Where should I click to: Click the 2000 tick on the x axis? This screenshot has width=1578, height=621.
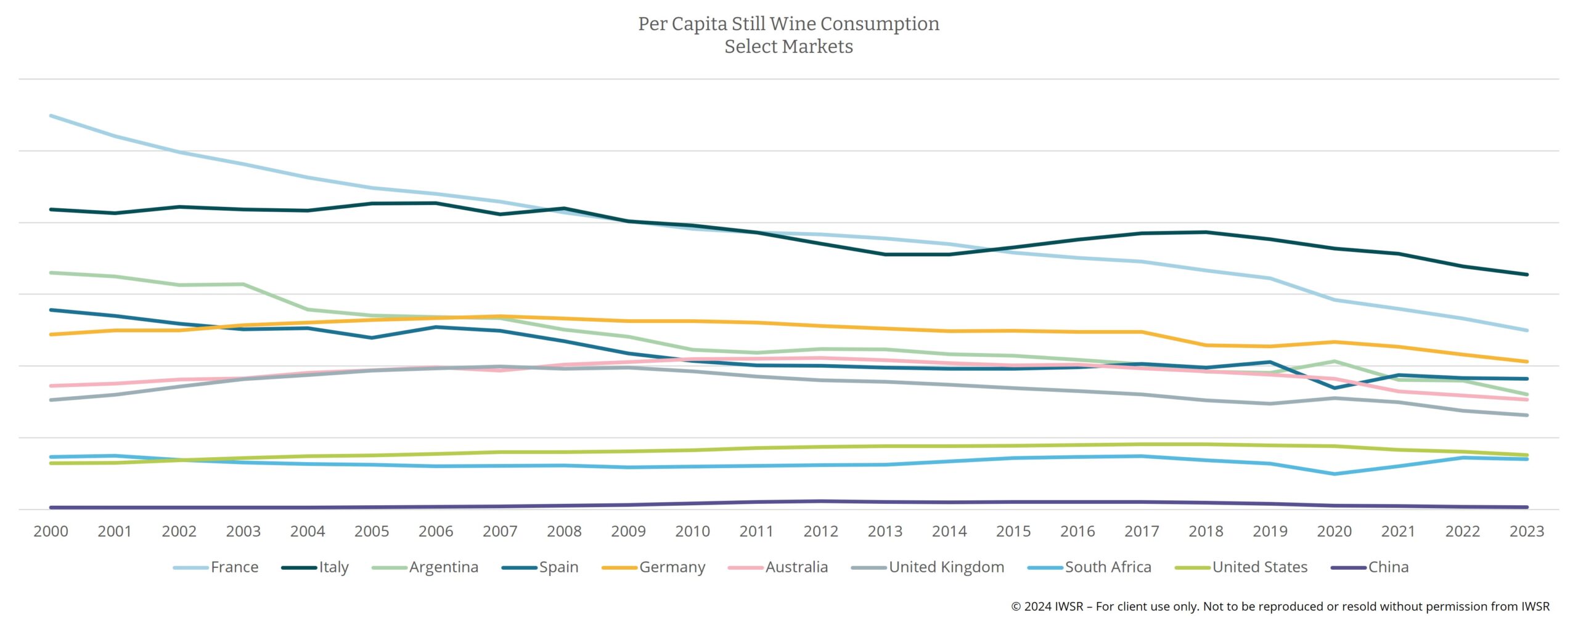click(x=51, y=531)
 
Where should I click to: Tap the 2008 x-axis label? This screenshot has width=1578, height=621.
click(x=564, y=531)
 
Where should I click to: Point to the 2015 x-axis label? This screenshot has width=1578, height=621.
click(x=1013, y=531)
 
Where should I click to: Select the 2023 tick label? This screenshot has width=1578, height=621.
click(x=1526, y=531)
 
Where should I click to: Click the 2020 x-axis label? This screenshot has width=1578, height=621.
click(x=1334, y=531)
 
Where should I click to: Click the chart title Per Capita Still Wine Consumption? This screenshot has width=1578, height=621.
click(x=788, y=23)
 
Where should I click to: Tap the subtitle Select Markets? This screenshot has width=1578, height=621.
click(x=788, y=46)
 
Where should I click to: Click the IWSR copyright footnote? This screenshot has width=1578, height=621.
click(x=1280, y=606)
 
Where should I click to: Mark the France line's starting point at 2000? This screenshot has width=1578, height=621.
click(x=51, y=116)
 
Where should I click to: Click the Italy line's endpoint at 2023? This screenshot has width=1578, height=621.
click(x=1527, y=275)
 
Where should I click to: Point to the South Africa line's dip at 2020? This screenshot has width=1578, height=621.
click(x=1335, y=474)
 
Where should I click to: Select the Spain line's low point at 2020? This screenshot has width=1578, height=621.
click(x=1335, y=388)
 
